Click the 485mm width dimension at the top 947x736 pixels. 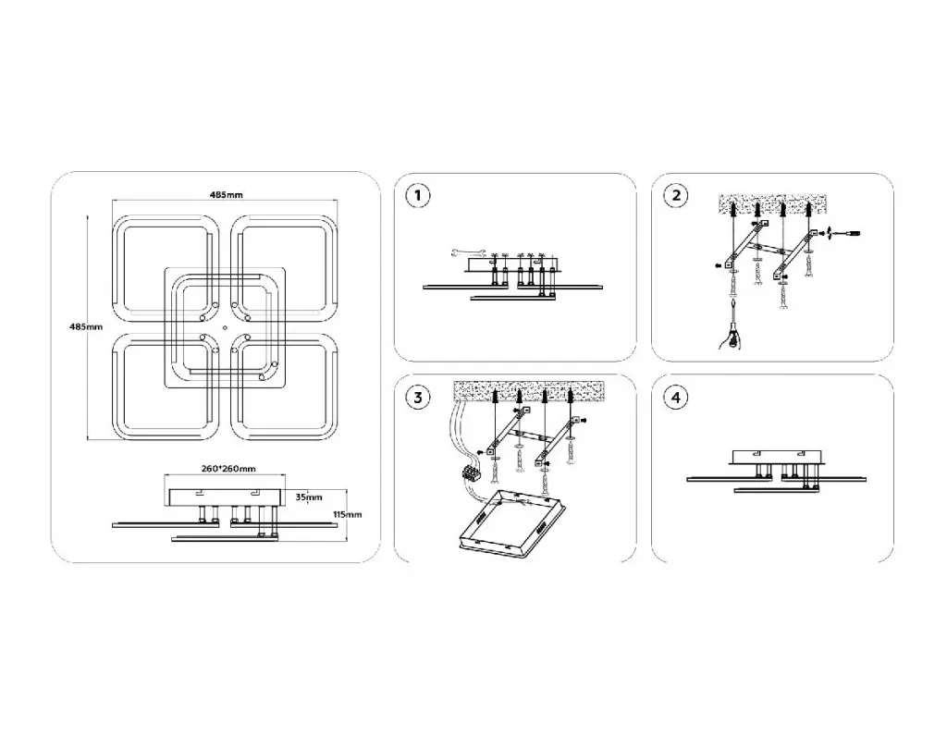(226, 195)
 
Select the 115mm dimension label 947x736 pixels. (346, 514)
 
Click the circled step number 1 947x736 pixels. (419, 196)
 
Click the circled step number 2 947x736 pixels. (677, 196)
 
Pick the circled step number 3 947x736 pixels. (419, 399)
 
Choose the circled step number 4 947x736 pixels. (677, 399)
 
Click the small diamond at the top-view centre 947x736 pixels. (225, 327)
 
